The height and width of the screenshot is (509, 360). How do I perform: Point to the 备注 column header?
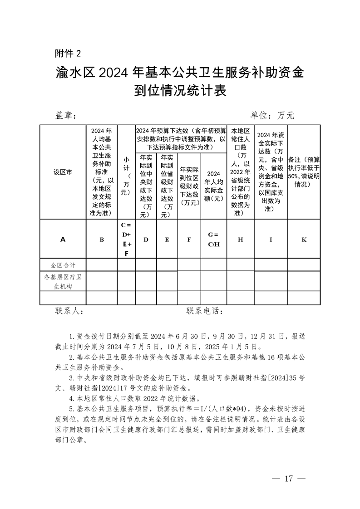click(304, 172)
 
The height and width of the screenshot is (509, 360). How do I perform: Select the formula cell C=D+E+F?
click(126, 240)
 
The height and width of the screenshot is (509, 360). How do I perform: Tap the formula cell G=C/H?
click(213, 240)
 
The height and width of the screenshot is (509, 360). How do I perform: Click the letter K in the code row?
click(304, 240)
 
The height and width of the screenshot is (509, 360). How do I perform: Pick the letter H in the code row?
click(240, 240)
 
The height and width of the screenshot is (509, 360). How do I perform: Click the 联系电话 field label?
click(205, 311)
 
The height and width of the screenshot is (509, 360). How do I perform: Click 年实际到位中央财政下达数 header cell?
click(146, 186)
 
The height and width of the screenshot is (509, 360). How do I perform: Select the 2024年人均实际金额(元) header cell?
click(213, 186)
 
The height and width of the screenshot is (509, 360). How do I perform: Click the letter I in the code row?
click(271, 240)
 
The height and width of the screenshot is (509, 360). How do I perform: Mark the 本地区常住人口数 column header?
click(240, 172)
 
